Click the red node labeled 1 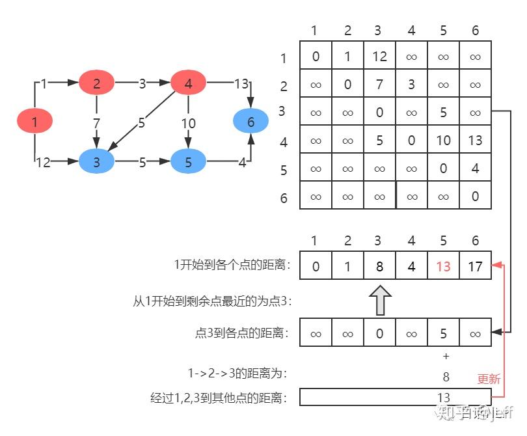tap(34, 121)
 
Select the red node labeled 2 tap(96, 83)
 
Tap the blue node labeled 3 tap(96, 162)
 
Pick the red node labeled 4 tap(188, 83)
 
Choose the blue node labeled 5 tap(188, 162)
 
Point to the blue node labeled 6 tap(250, 121)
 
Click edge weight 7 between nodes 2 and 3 tap(96, 122)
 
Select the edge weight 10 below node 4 tap(188, 123)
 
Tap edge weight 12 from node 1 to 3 tap(43, 163)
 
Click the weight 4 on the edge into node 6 tap(242, 163)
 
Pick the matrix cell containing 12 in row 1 tap(379, 57)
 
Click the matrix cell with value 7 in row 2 tap(379, 85)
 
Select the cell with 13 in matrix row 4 tap(475, 141)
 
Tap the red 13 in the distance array tap(443, 265)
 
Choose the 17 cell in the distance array tap(475, 265)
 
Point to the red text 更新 tap(489, 379)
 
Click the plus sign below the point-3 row tap(446, 356)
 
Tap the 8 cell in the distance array tap(379, 265)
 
